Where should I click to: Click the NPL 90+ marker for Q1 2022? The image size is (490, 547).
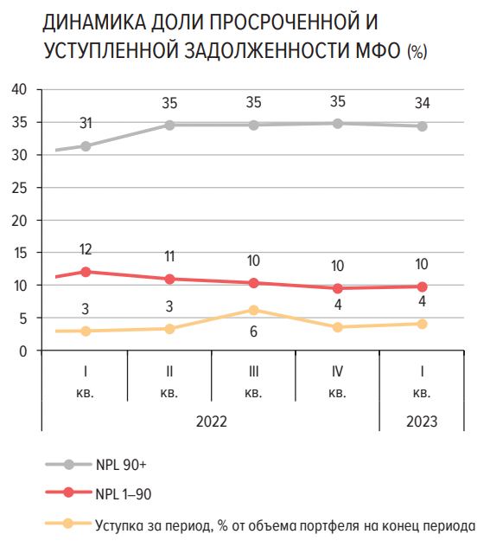pyautogui.click(x=86, y=146)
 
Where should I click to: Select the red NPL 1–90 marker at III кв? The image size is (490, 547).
pyautogui.click(x=254, y=283)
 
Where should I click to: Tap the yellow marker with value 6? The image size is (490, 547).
pyautogui.click(x=254, y=310)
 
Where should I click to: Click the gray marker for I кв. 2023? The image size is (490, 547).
pyautogui.click(x=422, y=125)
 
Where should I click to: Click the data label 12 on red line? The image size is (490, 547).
pyautogui.click(x=86, y=250)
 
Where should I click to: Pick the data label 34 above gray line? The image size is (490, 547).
pyautogui.click(x=422, y=104)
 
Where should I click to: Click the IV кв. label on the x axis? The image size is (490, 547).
pyautogui.click(x=338, y=382)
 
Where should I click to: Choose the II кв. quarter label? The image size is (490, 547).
pyautogui.click(x=169, y=382)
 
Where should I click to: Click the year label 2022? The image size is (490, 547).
pyautogui.click(x=212, y=422)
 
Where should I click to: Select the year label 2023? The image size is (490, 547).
pyautogui.click(x=422, y=422)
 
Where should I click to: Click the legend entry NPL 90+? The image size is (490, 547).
pyautogui.click(x=115, y=465)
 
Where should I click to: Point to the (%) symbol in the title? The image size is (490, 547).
pyautogui.click(x=416, y=53)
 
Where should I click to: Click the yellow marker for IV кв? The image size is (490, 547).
pyautogui.click(x=338, y=327)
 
